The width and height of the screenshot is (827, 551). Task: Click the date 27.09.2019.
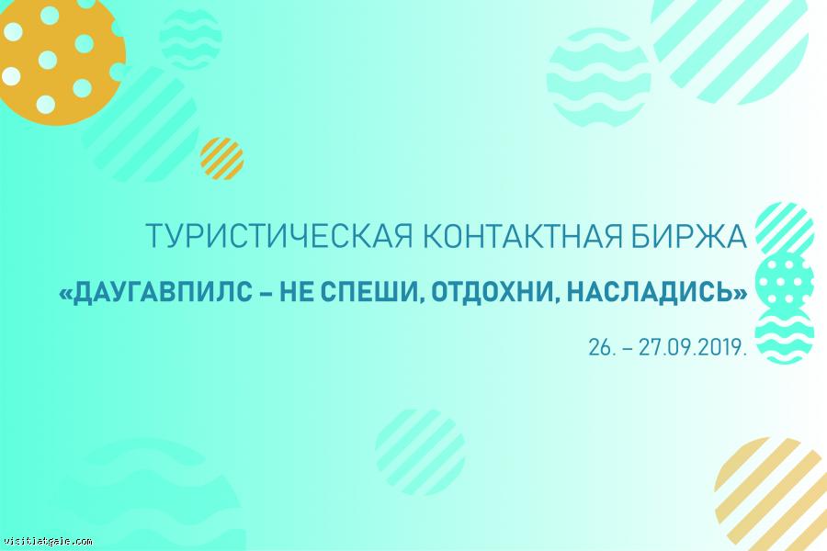tap(693, 348)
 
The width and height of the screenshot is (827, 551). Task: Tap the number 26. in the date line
tap(602, 348)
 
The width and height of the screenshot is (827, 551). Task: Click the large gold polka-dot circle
tap(61, 61)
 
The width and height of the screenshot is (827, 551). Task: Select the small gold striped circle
tap(222, 159)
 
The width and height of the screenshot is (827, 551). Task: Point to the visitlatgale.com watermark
tap(48, 542)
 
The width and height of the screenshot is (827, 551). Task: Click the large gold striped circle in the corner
tap(771, 494)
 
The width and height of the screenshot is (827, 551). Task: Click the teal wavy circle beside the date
tap(785, 335)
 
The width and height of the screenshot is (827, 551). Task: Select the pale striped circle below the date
tap(420, 453)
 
